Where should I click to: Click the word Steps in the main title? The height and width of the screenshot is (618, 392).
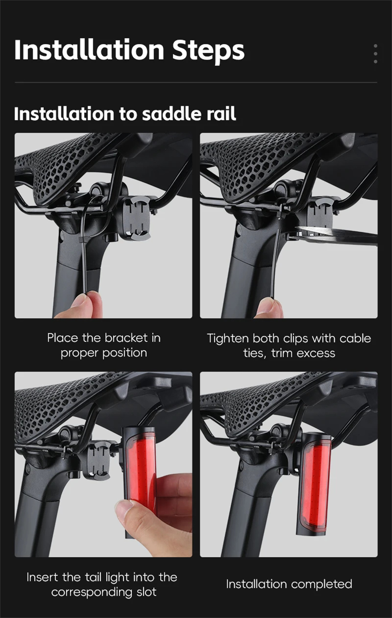pyautogui.click(x=209, y=50)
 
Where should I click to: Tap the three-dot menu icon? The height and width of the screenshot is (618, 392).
pyautogui.click(x=376, y=53)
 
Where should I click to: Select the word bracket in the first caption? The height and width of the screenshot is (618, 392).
pyautogui.click(x=126, y=338)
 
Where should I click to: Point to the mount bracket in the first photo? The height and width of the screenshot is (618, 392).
pyautogui.click(x=136, y=218)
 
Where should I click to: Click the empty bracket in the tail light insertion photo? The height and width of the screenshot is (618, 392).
pyautogui.click(x=98, y=461)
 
